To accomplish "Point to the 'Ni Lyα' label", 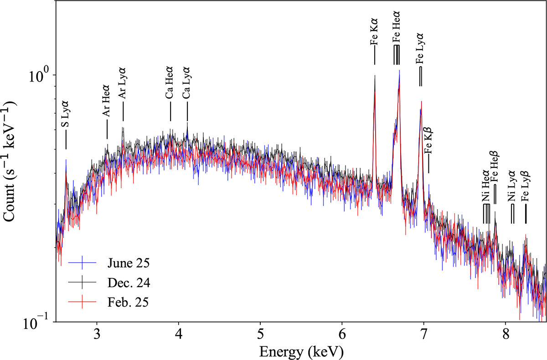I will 512,187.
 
